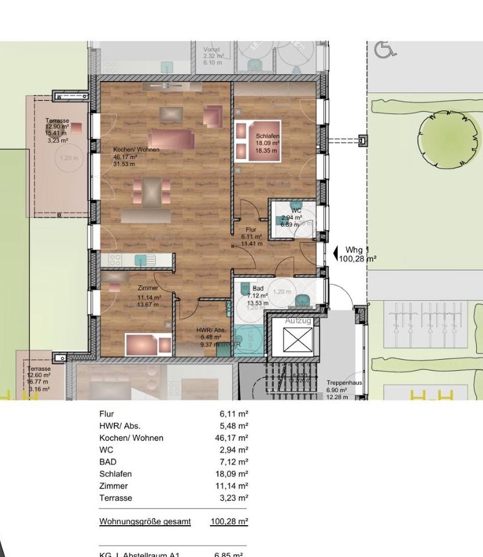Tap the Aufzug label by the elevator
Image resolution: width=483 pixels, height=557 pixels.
pos(298,321)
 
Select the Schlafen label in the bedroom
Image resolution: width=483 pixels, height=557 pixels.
pos(268,136)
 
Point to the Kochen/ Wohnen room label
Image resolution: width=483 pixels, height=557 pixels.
pos(136,150)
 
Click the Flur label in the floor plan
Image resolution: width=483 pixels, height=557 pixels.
pos(251,230)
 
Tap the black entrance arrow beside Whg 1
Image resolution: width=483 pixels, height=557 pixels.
pos(335,253)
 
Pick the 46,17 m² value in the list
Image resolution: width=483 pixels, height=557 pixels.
pos(231,438)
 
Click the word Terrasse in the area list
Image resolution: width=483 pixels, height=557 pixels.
pos(116,498)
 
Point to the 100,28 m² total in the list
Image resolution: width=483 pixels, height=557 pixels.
pos(229,521)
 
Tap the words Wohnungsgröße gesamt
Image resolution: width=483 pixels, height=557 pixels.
pos(145,521)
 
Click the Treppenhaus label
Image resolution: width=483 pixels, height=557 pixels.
pos(344,383)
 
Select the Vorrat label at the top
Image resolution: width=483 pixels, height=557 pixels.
pos(211,50)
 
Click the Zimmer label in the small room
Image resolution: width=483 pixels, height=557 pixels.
pos(148,288)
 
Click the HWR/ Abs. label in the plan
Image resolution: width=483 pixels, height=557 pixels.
pos(210,330)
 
